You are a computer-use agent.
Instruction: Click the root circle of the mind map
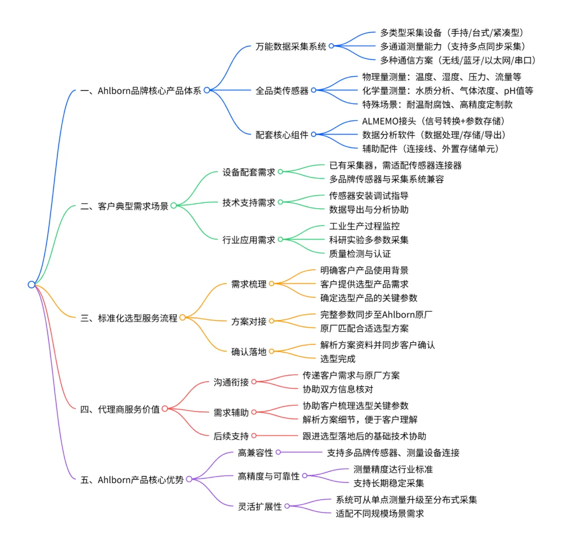point(32,284)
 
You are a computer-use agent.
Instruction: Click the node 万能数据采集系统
point(291,46)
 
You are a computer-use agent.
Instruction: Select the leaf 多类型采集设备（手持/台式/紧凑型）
point(451,33)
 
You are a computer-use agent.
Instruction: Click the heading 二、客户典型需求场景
point(125,205)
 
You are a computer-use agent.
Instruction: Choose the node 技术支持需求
point(249,202)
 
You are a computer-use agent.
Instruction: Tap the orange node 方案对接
point(249,321)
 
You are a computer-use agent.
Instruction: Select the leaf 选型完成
point(338,359)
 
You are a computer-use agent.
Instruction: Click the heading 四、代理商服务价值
point(120,408)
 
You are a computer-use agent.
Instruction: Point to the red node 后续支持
point(231,435)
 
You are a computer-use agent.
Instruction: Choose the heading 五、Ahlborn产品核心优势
point(133,479)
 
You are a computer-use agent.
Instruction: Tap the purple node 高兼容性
point(256,452)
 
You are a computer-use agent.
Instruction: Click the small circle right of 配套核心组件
point(313,134)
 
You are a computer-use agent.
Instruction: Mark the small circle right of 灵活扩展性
point(287,506)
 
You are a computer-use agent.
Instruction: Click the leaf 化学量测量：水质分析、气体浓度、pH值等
point(448,90)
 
